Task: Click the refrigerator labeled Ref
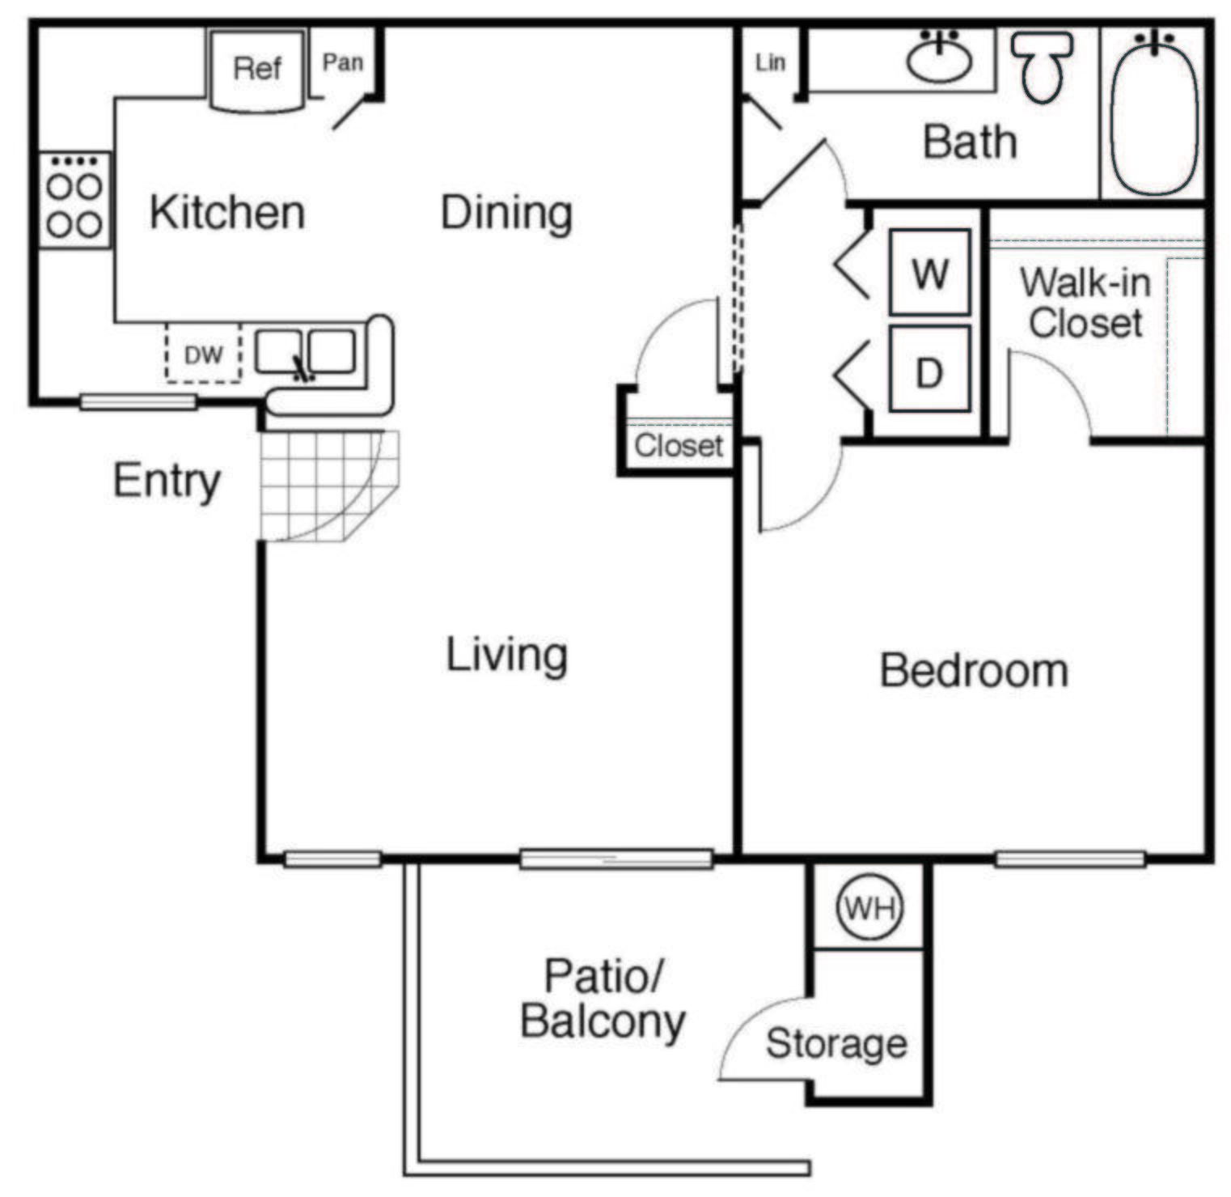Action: [x=257, y=70]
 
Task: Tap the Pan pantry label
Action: [x=343, y=62]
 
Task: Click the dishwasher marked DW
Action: [x=203, y=354]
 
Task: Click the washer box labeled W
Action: [x=929, y=274]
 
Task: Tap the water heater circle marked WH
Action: [x=869, y=908]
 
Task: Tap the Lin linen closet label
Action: [x=770, y=62]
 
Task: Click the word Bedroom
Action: [x=974, y=671]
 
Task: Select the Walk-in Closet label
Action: [x=1085, y=303]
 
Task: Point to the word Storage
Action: [x=836, y=1043]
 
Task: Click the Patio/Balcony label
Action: [x=603, y=999]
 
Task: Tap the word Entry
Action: [x=167, y=481]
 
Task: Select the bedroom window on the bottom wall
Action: [x=1069, y=859]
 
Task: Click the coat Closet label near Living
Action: [x=678, y=445]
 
